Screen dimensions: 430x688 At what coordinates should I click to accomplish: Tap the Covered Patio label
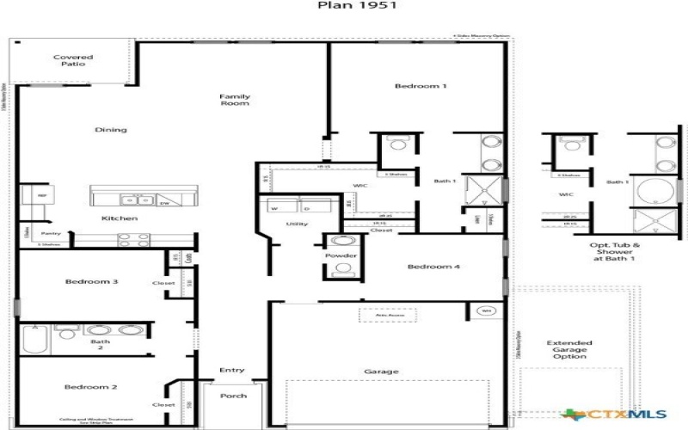click(73, 62)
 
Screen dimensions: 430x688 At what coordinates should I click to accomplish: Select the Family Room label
click(234, 101)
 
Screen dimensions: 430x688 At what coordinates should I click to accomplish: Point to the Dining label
click(111, 130)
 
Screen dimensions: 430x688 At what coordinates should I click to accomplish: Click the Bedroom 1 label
click(421, 86)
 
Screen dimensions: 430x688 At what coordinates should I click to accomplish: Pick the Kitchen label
click(120, 218)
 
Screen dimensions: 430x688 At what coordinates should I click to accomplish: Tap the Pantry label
click(51, 233)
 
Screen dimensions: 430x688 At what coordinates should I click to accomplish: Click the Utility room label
click(298, 224)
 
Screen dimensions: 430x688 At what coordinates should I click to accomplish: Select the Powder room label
click(341, 256)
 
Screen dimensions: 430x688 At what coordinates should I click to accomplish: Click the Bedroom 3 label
click(90, 281)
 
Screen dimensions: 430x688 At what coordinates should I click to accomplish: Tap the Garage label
click(381, 372)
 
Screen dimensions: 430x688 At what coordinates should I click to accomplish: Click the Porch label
click(233, 396)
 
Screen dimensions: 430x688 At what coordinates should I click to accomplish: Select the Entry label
click(232, 371)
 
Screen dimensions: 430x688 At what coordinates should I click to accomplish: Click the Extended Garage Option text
click(569, 350)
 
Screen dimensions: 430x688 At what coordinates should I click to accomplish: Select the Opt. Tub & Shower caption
click(614, 251)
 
